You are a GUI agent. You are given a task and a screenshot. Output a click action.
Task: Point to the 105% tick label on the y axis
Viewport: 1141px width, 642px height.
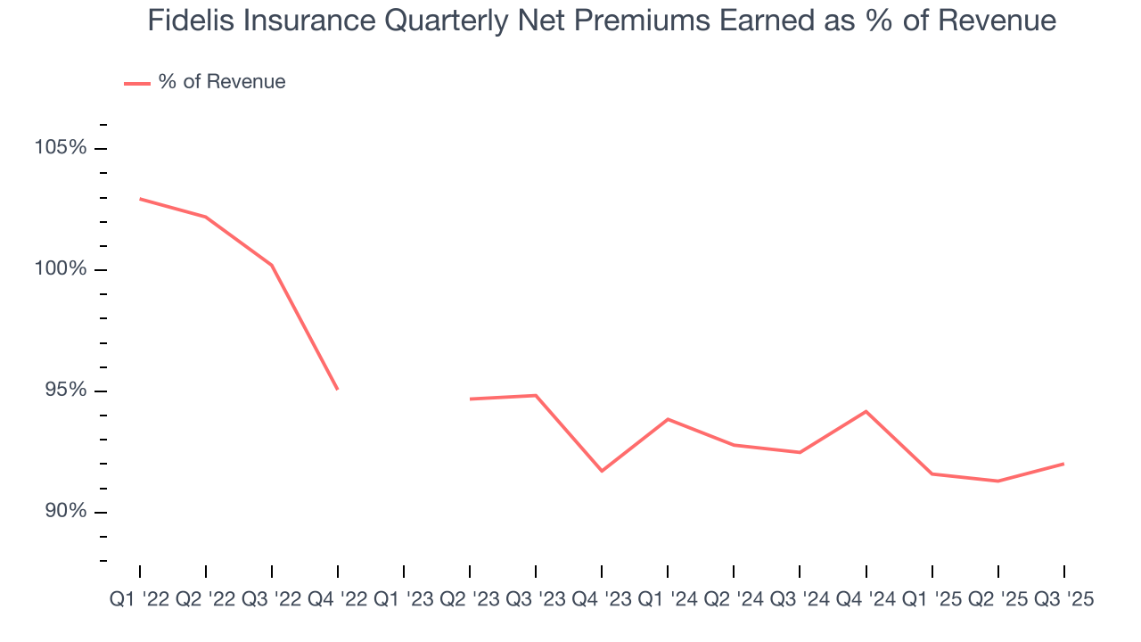tap(61, 148)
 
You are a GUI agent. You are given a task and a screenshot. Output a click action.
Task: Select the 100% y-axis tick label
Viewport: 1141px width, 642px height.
tap(61, 269)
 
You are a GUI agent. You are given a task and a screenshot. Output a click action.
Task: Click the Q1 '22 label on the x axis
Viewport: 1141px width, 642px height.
tap(140, 600)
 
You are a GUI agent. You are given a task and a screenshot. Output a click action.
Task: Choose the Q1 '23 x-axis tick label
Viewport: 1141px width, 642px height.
tap(404, 600)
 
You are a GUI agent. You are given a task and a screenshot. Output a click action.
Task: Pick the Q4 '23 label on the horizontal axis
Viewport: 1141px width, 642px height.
tap(602, 600)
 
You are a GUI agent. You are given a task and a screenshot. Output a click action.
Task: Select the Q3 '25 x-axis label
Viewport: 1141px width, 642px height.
tap(1063, 600)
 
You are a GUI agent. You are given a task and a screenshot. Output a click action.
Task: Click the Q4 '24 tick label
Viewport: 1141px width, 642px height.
tap(866, 600)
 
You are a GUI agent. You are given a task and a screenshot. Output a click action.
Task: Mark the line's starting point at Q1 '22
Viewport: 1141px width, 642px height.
tap(140, 199)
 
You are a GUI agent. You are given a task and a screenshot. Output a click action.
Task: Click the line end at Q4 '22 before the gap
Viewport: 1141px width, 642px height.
tap(338, 390)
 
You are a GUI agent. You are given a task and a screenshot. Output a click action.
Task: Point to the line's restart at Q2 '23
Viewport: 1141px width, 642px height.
tap(470, 399)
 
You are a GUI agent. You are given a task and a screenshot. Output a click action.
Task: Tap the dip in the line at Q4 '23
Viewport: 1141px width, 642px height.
tap(602, 471)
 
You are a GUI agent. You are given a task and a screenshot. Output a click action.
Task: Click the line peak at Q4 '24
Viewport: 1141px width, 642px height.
tap(866, 411)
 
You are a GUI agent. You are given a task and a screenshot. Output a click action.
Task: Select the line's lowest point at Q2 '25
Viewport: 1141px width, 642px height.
tap(997, 481)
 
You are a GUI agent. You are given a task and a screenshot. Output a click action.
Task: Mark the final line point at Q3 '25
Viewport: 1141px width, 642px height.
tap(1063, 464)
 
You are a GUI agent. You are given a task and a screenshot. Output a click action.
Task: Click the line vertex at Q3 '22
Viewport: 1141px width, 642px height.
tap(272, 265)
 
